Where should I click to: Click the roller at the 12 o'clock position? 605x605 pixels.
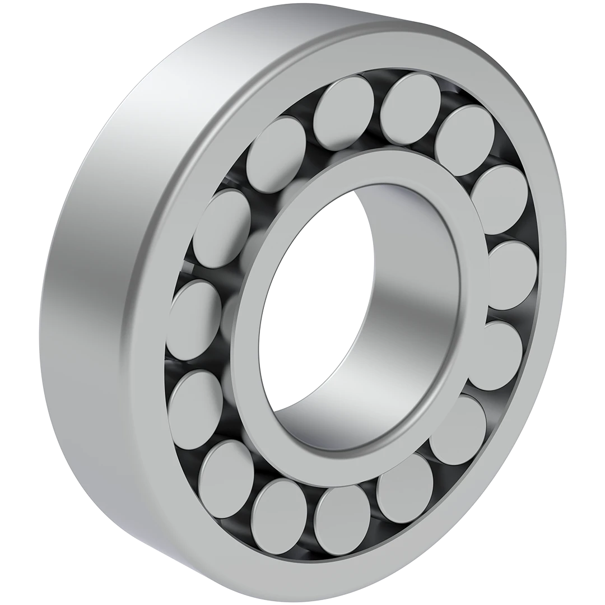[343, 105]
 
